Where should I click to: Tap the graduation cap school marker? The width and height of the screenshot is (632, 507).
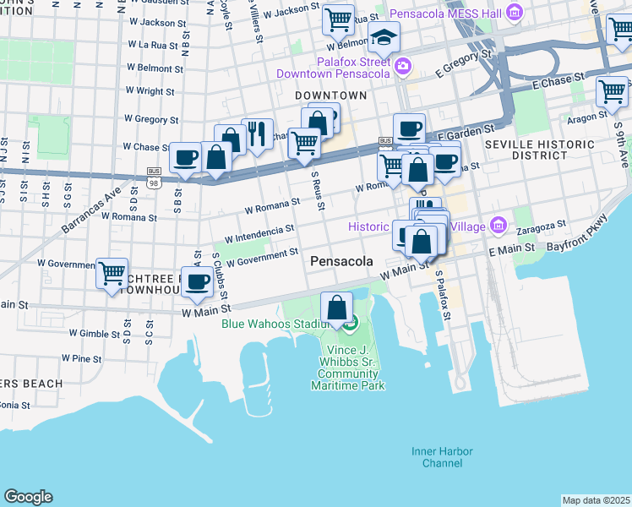pos(384,38)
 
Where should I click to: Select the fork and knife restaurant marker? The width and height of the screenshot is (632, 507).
pos(257,134)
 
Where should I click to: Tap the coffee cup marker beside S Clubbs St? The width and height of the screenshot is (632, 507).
pos(198,282)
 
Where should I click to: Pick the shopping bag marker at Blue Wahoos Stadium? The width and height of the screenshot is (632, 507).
pos(337,307)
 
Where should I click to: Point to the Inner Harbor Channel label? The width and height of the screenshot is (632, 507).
pos(437,457)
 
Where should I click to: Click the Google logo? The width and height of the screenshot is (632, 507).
pos(28,497)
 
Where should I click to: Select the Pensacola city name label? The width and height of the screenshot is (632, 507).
pos(341,262)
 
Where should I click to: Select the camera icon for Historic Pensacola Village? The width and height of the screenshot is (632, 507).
pos(499,226)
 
